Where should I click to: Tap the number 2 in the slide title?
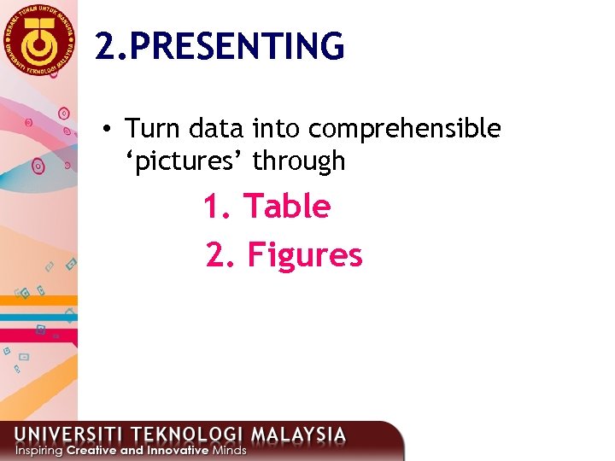pyautogui.click(x=104, y=46)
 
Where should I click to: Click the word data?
pyautogui.click(x=216, y=129)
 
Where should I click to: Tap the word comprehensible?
pyautogui.click(x=405, y=129)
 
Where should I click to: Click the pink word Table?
pyautogui.click(x=287, y=207)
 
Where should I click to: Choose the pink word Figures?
pyautogui.click(x=305, y=255)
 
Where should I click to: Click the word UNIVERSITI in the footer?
pyautogui.click(x=71, y=434)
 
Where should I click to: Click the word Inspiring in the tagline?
pyautogui.click(x=38, y=450)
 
